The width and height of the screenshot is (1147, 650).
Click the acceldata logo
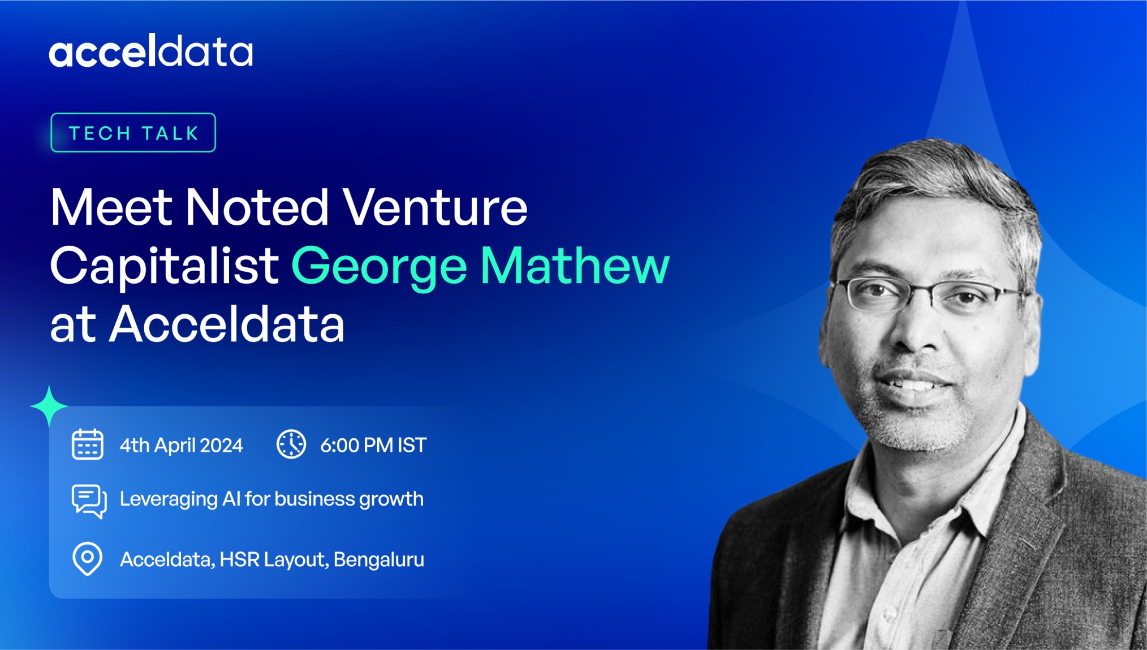(x=150, y=50)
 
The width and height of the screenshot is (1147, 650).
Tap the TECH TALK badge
(x=133, y=132)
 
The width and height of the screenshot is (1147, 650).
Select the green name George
(x=379, y=267)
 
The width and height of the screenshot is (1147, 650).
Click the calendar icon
(x=87, y=444)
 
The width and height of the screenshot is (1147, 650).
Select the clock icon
(x=291, y=444)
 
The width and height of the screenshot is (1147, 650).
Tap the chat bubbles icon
(x=89, y=501)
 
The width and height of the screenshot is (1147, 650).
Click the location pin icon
(x=88, y=559)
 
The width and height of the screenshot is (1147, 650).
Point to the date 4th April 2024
(x=181, y=446)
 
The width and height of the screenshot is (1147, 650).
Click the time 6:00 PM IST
(x=373, y=445)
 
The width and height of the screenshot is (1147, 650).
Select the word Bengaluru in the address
(x=379, y=560)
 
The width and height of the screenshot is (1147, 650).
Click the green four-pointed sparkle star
(x=49, y=405)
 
